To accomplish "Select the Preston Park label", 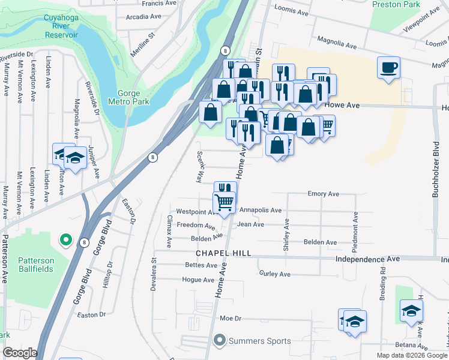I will coord(396,4).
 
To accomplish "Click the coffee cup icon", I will coord(388,66).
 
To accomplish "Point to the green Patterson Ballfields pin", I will coord(65,241).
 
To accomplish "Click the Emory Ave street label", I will coord(323,194).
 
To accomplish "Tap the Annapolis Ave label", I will coord(260,211).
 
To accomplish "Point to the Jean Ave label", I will coord(250,224).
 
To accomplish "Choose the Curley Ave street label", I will coord(275,274).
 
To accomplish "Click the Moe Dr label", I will coord(230,318).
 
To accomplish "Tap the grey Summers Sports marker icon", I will coord(219,341).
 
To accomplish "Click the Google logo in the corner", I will coord(20,353).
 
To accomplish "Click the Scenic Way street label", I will coord(199,166).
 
